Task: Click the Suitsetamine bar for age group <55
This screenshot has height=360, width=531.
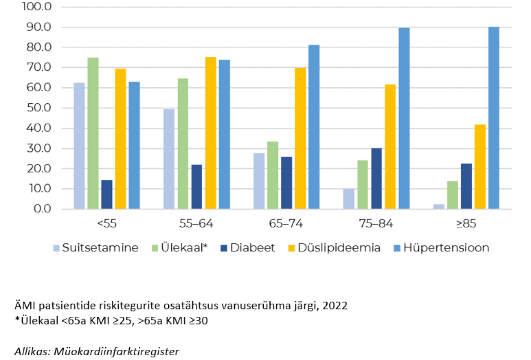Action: pyautogui.click(x=79, y=146)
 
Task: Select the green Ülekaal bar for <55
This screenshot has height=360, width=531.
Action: pyautogui.click(x=93, y=133)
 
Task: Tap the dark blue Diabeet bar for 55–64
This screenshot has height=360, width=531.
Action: pyautogui.click(x=197, y=187)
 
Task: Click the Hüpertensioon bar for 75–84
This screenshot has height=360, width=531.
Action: pyautogui.click(x=404, y=118)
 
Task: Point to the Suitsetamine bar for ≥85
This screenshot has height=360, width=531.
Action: pyautogui.click(x=439, y=207)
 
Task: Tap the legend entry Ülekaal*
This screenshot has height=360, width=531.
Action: pyautogui.click(x=184, y=248)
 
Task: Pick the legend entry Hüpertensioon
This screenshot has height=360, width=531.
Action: pyautogui.click(x=446, y=248)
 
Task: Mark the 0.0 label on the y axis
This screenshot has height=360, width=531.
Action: pyautogui.click(x=43, y=209)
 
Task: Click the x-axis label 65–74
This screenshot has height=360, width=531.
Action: pyautogui.click(x=286, y=224)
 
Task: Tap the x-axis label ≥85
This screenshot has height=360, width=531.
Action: pyautogui.click(x=465, y=224)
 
